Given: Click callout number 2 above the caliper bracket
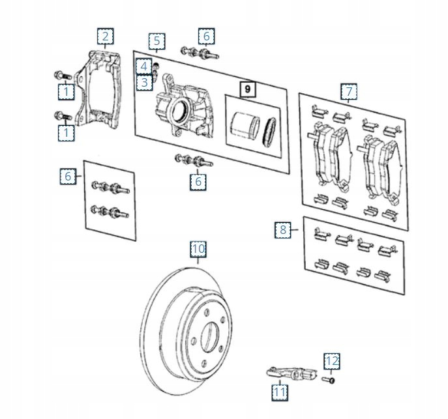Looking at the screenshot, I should [106, 36].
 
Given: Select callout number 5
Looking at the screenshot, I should [156, 42].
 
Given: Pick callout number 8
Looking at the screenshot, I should [282, 229].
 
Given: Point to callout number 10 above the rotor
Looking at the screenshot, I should [198, 249].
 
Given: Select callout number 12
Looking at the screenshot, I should [332, 360].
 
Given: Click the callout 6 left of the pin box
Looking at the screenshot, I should [68, 176].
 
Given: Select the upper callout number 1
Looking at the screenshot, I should [65, 92].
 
